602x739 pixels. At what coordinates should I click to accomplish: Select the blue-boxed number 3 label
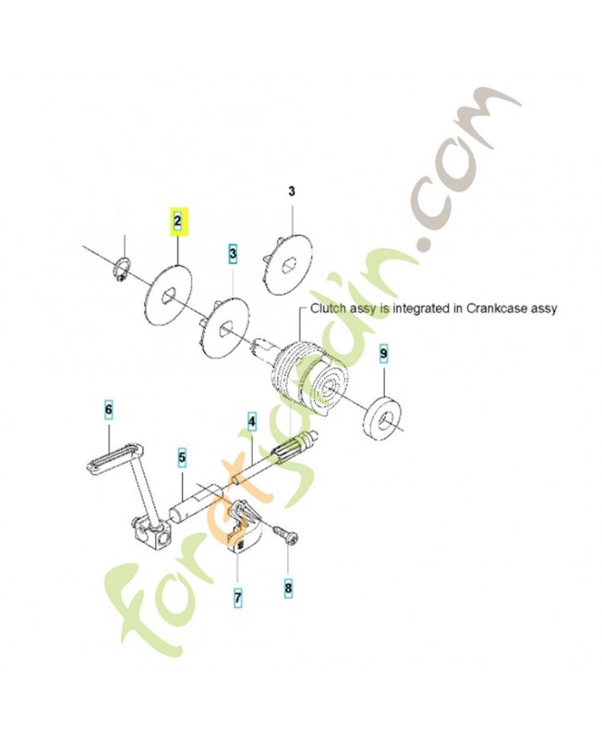tap(233, 252)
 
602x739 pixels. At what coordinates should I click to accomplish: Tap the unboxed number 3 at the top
tap(291, 192)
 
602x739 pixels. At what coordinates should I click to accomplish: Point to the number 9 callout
tap(384, 354)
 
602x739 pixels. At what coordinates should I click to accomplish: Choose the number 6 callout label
tap(107, 409)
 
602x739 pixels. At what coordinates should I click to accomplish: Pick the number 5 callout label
tap(182, 456)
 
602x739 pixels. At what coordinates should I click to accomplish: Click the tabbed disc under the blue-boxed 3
tap(224, 324)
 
